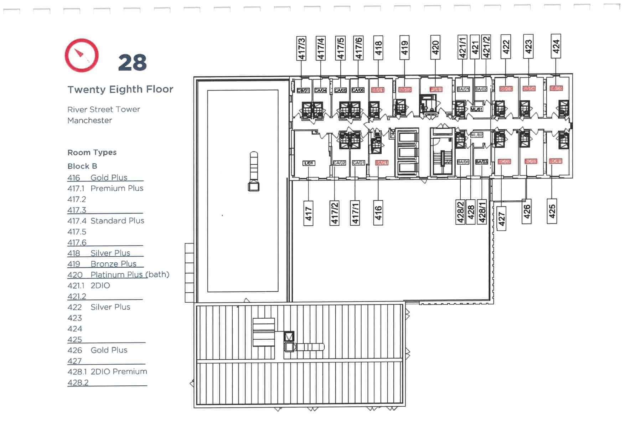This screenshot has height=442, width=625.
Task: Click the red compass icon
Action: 82,55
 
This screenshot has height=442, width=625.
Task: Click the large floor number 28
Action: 132,63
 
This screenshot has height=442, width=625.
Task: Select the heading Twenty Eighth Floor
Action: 120,89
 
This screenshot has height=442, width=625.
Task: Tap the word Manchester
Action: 90,120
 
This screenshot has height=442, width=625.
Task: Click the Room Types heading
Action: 92,153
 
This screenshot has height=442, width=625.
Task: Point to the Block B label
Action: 82,166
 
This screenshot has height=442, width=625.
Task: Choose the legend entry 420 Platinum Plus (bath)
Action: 118,274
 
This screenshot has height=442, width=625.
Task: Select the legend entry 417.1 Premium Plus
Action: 105,188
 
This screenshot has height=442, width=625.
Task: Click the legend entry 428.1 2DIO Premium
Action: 107,371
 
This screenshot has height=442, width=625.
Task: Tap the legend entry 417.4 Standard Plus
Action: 106,221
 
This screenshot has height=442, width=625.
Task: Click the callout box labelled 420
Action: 435,47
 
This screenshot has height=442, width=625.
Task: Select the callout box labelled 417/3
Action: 301,48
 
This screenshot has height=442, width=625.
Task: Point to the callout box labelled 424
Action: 556,46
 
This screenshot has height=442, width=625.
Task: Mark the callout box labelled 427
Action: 501,219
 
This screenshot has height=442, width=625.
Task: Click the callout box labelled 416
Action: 378,213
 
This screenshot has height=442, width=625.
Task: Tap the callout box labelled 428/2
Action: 460,212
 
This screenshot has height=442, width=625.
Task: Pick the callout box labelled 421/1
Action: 462,47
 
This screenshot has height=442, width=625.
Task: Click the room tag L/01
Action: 309,163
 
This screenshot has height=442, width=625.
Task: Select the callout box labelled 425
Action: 552,211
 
